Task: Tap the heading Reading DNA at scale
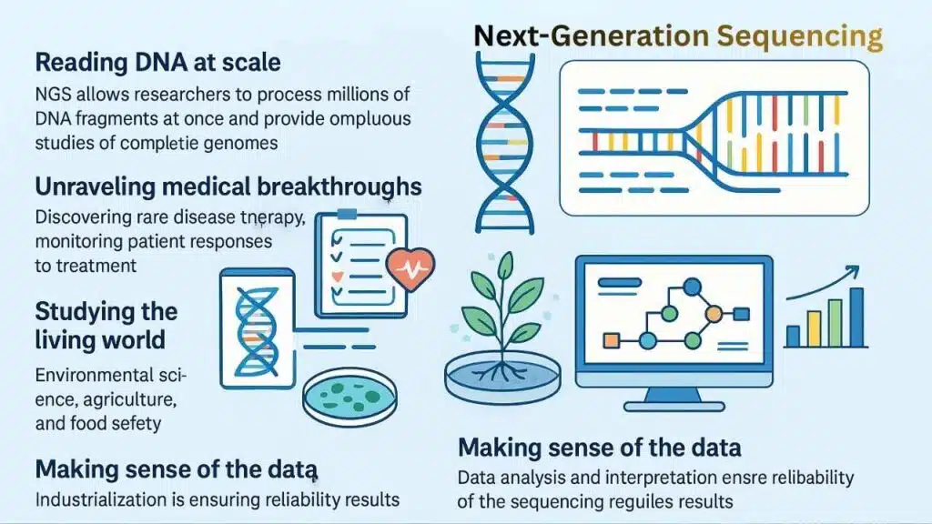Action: click(157, 63)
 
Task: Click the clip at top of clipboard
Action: click(348, 214)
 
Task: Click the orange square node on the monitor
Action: click(612, 341)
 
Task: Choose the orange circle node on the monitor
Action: click(714, 314)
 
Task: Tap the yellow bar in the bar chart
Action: click(814, 328)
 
